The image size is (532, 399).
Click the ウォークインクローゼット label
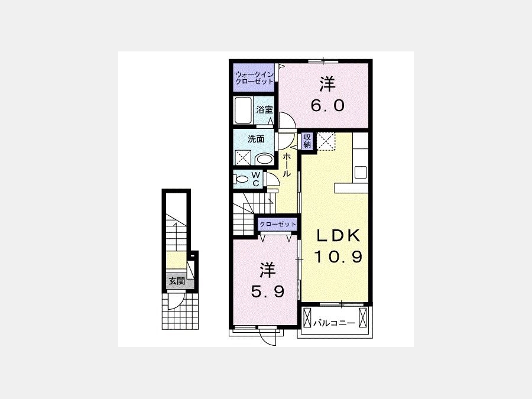[x=254, y=78]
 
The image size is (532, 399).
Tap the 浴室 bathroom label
[x=265, y=110]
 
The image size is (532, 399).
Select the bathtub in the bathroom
[x=243, y=111]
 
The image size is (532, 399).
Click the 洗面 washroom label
[x=256, y=139]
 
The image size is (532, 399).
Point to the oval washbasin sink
[x=265, y=159]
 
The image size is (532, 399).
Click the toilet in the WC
[x=242, y=179]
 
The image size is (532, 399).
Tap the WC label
[x=256, y=179]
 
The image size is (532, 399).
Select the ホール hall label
[x=287, y=164]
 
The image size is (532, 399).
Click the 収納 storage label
[x=307, y=141]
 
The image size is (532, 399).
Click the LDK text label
[x=338, y=236]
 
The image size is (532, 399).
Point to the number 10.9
[x=338, y=257]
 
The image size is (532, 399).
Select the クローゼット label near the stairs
[x=278, y=224]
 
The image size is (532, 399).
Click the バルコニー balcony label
[x=334, y=323]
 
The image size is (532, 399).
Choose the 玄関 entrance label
[x=177, y=281]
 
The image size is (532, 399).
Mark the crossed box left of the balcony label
[x=307, y=317]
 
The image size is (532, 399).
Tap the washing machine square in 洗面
[x=243, y=158]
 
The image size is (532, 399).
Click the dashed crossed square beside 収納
[x=326, y=141]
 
